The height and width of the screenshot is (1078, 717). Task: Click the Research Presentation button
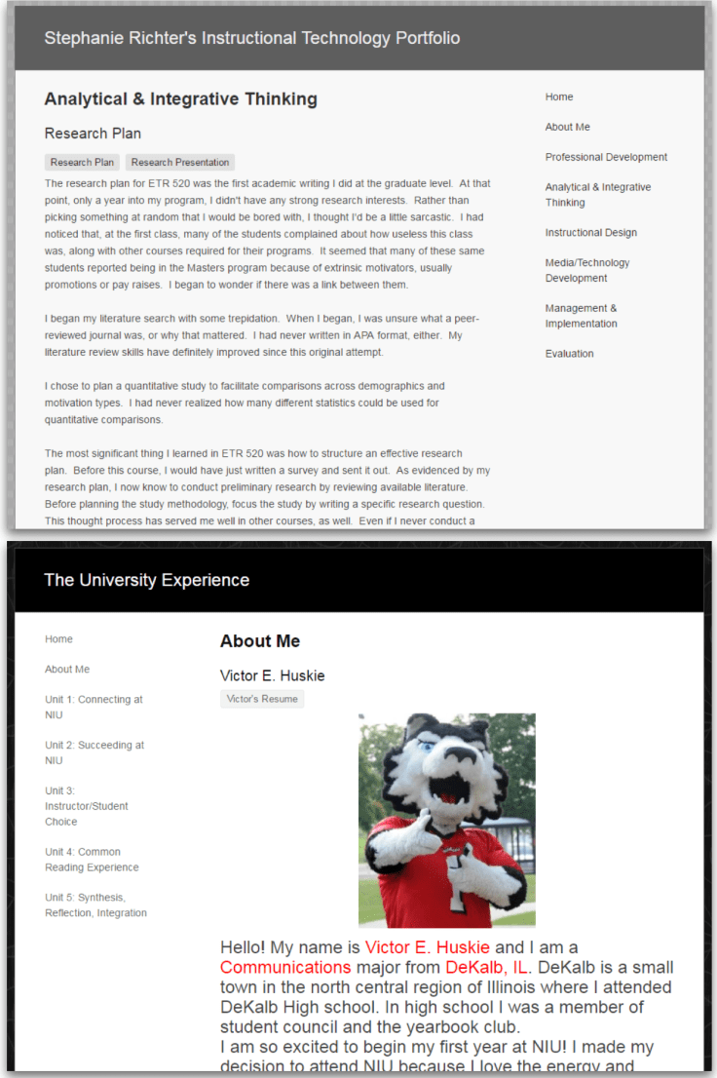pos(180,163)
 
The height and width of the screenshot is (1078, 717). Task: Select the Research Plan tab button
pos(82,163)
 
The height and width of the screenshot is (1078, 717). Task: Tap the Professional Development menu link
pos(606,157)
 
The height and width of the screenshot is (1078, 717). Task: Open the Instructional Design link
pos(590,233)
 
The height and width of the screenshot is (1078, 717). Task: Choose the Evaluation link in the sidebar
pos(569,354)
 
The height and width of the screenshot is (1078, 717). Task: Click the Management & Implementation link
pos(581,316)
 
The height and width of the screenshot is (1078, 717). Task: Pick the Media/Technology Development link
pos(587,270)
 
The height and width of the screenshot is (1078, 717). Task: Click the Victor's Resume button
pos(262,699)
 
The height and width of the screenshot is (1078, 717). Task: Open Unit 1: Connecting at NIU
pos(94,707)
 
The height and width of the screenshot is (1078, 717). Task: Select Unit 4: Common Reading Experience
pos(92,859)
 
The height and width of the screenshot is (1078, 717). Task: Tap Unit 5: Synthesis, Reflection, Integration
pos(95,905)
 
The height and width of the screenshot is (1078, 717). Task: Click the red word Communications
pos(285,968)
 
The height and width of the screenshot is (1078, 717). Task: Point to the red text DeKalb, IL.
pos(487,968)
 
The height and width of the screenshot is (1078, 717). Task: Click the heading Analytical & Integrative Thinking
pos(180,98)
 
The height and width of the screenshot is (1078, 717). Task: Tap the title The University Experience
pos(146,580)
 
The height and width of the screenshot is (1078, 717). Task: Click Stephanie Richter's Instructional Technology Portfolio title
pos(251,38)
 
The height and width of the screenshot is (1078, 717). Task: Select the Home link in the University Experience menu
pos(58,639)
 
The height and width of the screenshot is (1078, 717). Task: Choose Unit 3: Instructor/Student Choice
pos(86,806)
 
